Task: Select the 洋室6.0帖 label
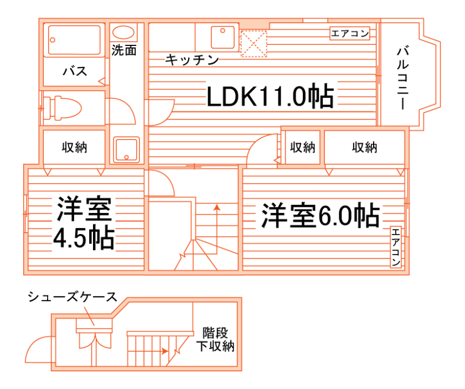coord(321,215)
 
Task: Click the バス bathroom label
coord(74,71)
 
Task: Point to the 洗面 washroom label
coord(124,50)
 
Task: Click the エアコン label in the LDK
coord(349,34)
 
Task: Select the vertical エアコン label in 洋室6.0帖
coord(395,247)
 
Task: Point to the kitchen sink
coord(224,37)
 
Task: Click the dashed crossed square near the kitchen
coord(254,44)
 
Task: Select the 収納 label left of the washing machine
coord(74,147)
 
